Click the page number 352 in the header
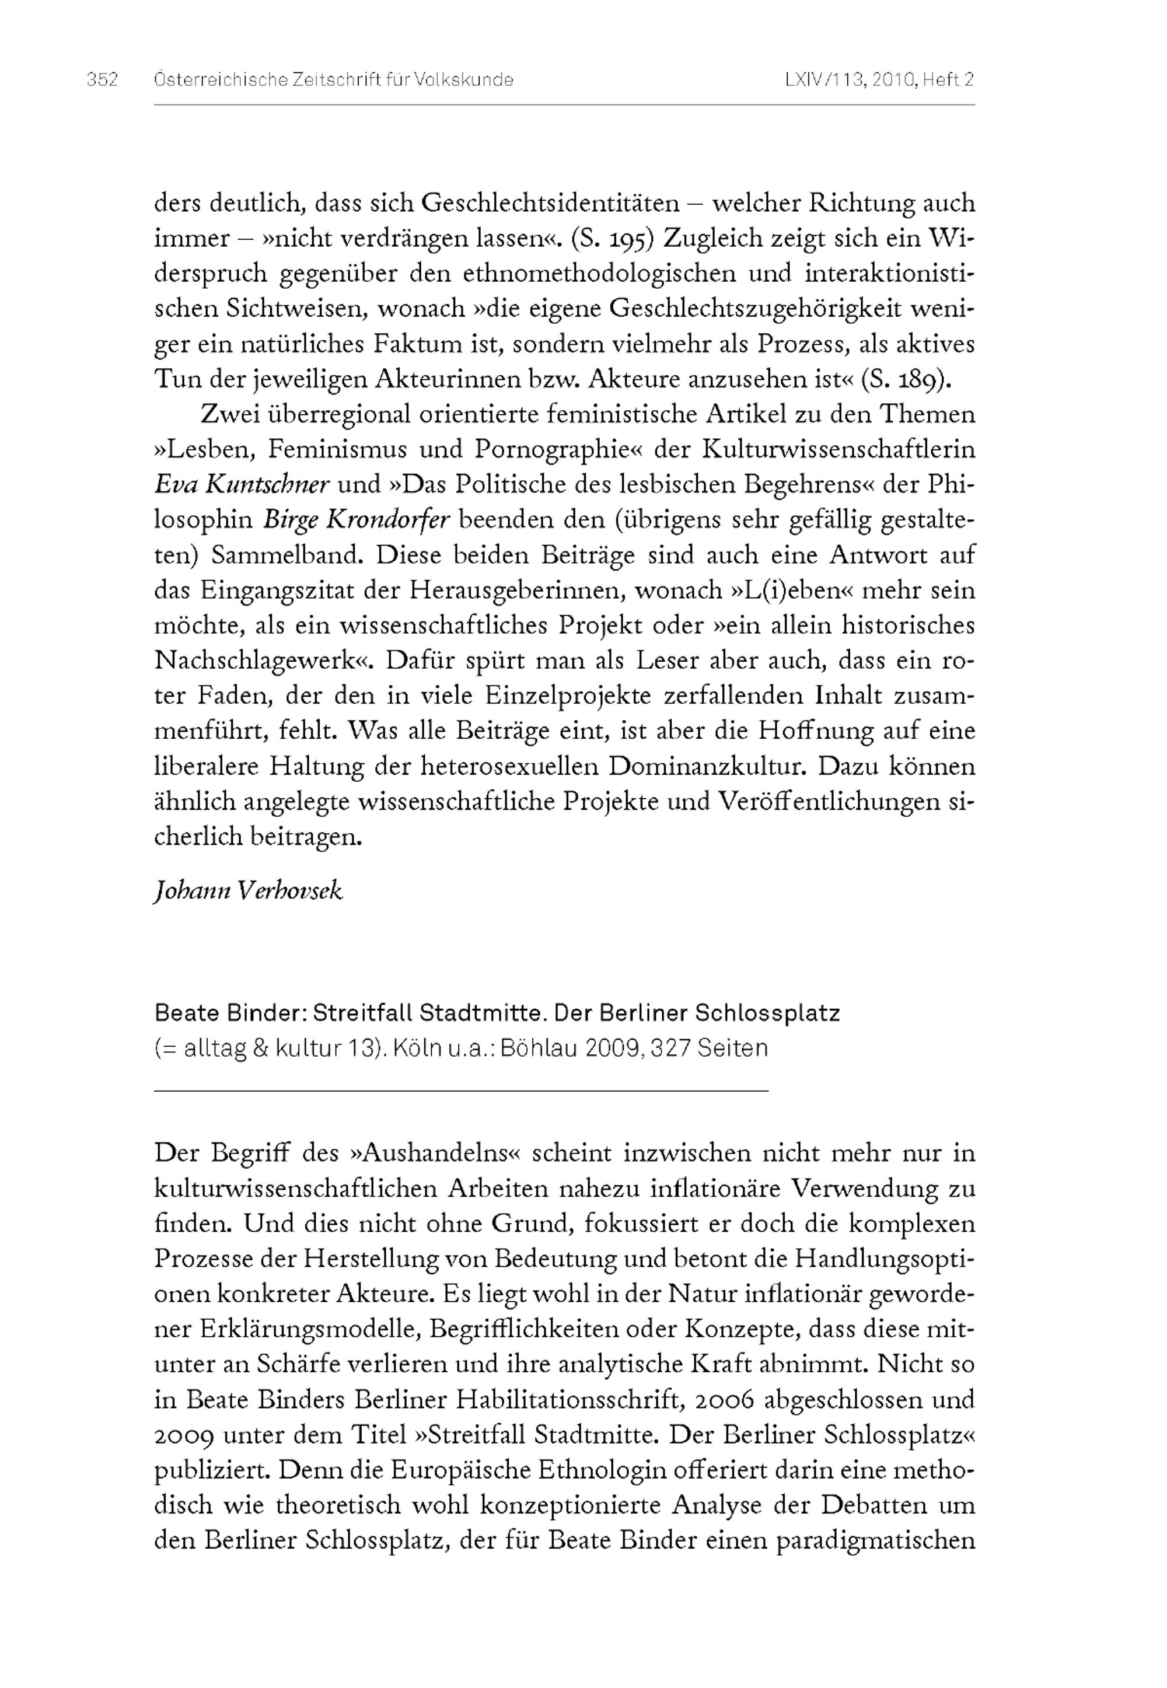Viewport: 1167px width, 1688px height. point(102,80)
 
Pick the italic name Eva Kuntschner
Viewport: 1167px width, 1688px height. point(242,485)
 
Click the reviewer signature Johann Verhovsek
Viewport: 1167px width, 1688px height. point(249,891)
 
